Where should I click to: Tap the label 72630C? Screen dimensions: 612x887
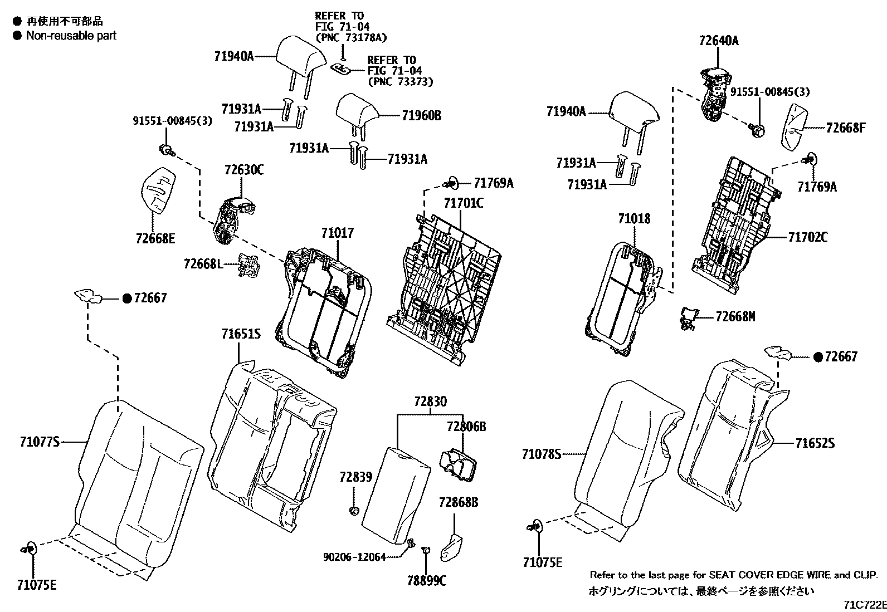[244, 170]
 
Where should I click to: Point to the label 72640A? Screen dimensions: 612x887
[719, 40]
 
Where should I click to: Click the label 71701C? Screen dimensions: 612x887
[464, 203]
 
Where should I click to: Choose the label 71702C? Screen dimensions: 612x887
[807, 237]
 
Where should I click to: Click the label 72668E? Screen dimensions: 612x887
[155, 238]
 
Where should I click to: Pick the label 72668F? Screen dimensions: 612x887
[845, 128]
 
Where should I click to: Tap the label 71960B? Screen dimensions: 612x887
[421, 116]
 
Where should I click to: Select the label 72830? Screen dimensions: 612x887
[430, 401]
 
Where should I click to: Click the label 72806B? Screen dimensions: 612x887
[466, 427]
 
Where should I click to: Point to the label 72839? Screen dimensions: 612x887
[355, 477]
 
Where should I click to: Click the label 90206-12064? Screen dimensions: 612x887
[354, 556]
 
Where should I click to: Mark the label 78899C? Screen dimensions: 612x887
[426, 581]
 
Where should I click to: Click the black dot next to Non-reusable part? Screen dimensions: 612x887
[17, 35]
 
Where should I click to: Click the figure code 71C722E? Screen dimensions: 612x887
[864, 605]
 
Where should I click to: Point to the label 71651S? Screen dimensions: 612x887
[241, 334]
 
